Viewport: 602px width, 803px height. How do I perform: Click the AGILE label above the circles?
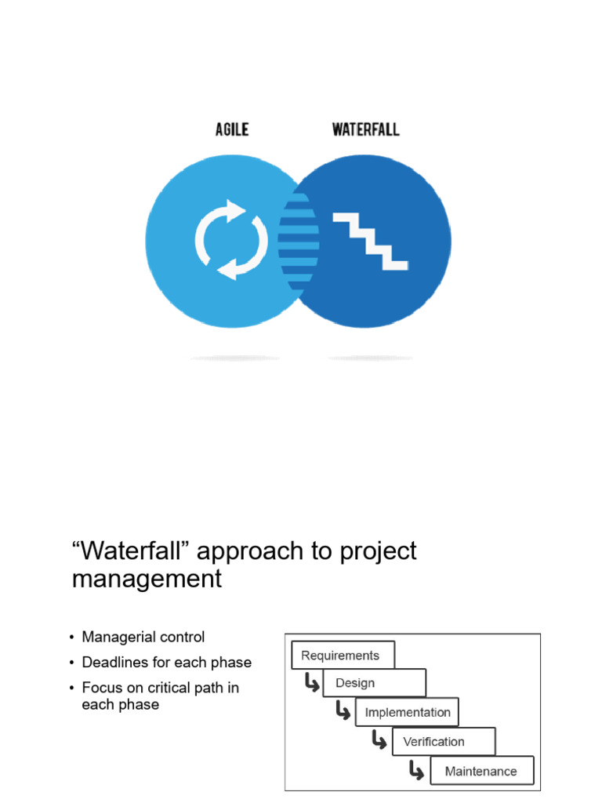point(232,129)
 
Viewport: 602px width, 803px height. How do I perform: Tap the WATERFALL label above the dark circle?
point(364,129)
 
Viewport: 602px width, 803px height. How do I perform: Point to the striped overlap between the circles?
point(299,240)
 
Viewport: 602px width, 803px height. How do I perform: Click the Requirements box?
point(343,656)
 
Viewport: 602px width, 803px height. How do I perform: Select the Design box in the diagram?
point(374,683)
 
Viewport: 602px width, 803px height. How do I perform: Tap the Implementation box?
point(407,713)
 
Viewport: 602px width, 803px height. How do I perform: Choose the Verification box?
point(444,742)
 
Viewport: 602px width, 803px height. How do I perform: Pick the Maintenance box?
point(481,771)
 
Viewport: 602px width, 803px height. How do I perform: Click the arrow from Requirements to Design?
point(312,684)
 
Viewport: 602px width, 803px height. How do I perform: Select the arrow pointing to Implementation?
point(343,712)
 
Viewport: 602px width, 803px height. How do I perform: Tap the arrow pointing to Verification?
point(379,740)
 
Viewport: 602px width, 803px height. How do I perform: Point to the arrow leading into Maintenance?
point(416,770)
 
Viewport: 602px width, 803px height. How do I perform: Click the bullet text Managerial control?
point(143,638)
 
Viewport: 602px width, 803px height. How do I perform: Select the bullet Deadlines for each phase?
point(166,663)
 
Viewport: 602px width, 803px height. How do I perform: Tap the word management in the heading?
point(147,580)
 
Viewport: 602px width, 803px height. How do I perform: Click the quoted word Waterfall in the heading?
point(131,551)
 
